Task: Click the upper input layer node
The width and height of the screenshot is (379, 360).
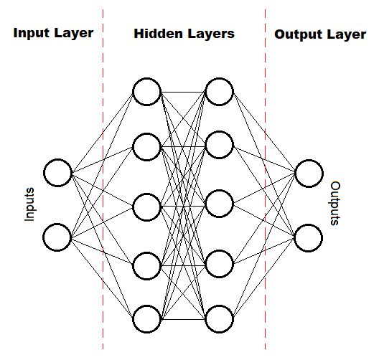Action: point(57,173)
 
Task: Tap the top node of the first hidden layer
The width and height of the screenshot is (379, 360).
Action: point(146,91)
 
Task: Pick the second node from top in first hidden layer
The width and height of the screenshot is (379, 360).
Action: point(146,147)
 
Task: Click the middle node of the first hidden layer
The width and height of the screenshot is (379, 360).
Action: point(146,205)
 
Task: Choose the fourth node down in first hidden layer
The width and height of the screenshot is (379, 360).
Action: point(146,263)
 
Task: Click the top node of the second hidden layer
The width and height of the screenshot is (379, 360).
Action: point(219,91)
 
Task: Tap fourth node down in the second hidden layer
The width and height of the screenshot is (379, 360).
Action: point(219,263)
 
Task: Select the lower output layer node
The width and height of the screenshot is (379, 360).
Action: point(308,237)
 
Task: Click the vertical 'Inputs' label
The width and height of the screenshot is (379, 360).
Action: point(30,204)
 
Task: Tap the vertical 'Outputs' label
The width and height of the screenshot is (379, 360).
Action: point(335,204)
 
